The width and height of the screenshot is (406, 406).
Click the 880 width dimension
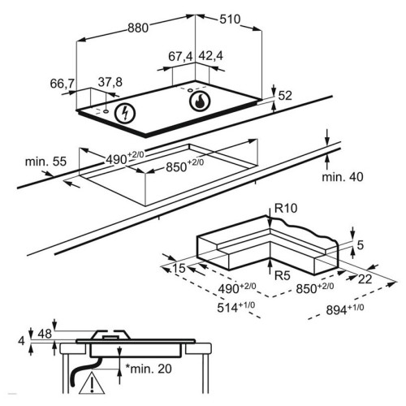coord(138,28)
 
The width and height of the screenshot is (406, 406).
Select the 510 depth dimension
coord(230,19)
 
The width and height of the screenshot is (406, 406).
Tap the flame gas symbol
coord(200,101)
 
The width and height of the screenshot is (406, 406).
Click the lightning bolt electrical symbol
coord(125,114)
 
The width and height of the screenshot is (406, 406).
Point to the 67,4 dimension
coord(180,57)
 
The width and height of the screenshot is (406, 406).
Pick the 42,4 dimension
coord(211,56)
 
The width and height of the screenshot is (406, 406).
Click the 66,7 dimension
coord(63,84)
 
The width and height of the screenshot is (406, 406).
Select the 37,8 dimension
coord(110,82)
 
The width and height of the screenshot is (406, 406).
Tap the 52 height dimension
coord(285,96)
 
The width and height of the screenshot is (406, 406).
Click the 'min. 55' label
coord(45,162)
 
